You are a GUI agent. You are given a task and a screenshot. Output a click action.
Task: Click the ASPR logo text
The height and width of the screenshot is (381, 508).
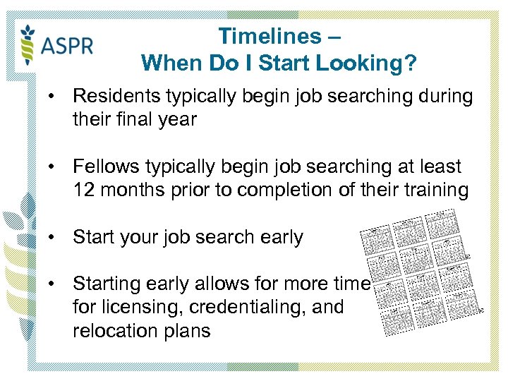click(67, 46)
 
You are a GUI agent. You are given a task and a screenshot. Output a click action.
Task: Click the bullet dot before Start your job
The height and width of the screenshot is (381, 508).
click(53, 237)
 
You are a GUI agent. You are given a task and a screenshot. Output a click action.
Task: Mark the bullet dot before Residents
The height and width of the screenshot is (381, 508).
click(53, 96)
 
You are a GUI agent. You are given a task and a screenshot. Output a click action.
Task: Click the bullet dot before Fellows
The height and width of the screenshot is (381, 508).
click(53, 167)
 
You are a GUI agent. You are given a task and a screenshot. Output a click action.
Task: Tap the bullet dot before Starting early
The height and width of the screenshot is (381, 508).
click(53, 284)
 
